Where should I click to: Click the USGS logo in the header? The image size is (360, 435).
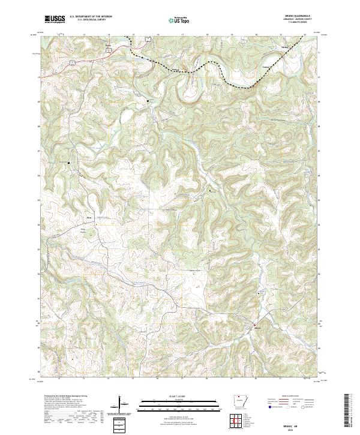tap(55, 19)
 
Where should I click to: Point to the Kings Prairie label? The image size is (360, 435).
tap(83, 230)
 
